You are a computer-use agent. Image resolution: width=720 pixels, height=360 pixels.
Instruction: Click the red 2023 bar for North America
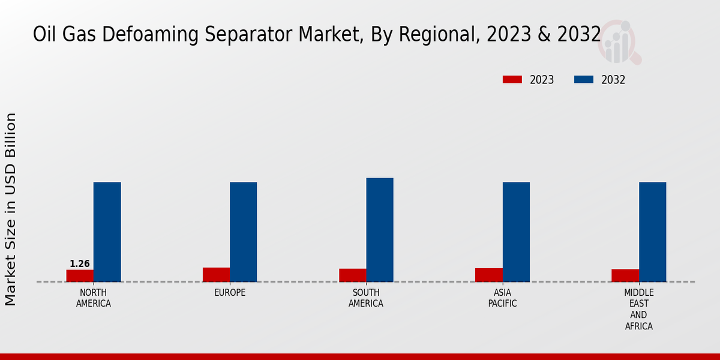80,276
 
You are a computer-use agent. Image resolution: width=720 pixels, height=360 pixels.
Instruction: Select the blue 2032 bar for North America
107,232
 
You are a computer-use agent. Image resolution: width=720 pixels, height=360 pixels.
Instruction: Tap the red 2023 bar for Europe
216,275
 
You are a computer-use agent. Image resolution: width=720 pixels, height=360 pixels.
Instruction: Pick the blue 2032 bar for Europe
244,232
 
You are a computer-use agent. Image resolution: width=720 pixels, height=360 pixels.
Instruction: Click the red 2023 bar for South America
353,275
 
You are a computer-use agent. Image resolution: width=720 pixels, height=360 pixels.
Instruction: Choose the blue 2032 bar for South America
380,230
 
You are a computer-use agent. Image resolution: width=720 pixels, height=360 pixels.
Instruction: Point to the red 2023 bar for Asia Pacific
489,275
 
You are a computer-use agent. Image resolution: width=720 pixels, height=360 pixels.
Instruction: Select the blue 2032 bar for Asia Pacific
516,232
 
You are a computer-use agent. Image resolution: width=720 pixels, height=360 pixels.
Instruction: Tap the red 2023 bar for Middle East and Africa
625,275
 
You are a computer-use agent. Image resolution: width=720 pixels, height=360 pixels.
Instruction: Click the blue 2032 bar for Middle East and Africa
652,232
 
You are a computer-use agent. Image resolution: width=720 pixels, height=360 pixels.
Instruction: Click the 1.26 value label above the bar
80,264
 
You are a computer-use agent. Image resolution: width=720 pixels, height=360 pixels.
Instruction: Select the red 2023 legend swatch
512,80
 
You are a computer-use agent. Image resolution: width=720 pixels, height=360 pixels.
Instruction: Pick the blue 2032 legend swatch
584,80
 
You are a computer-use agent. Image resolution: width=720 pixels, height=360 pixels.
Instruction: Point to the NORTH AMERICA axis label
94,298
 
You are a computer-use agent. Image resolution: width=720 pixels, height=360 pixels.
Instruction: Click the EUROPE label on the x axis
230,293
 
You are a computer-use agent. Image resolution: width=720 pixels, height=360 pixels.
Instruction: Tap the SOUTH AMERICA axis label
366,298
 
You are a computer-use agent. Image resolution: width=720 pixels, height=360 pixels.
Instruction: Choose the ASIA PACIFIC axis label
503,298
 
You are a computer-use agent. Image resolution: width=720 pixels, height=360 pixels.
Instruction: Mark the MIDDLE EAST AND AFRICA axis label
639,310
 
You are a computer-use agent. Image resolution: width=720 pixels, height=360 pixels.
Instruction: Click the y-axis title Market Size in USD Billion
11,209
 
